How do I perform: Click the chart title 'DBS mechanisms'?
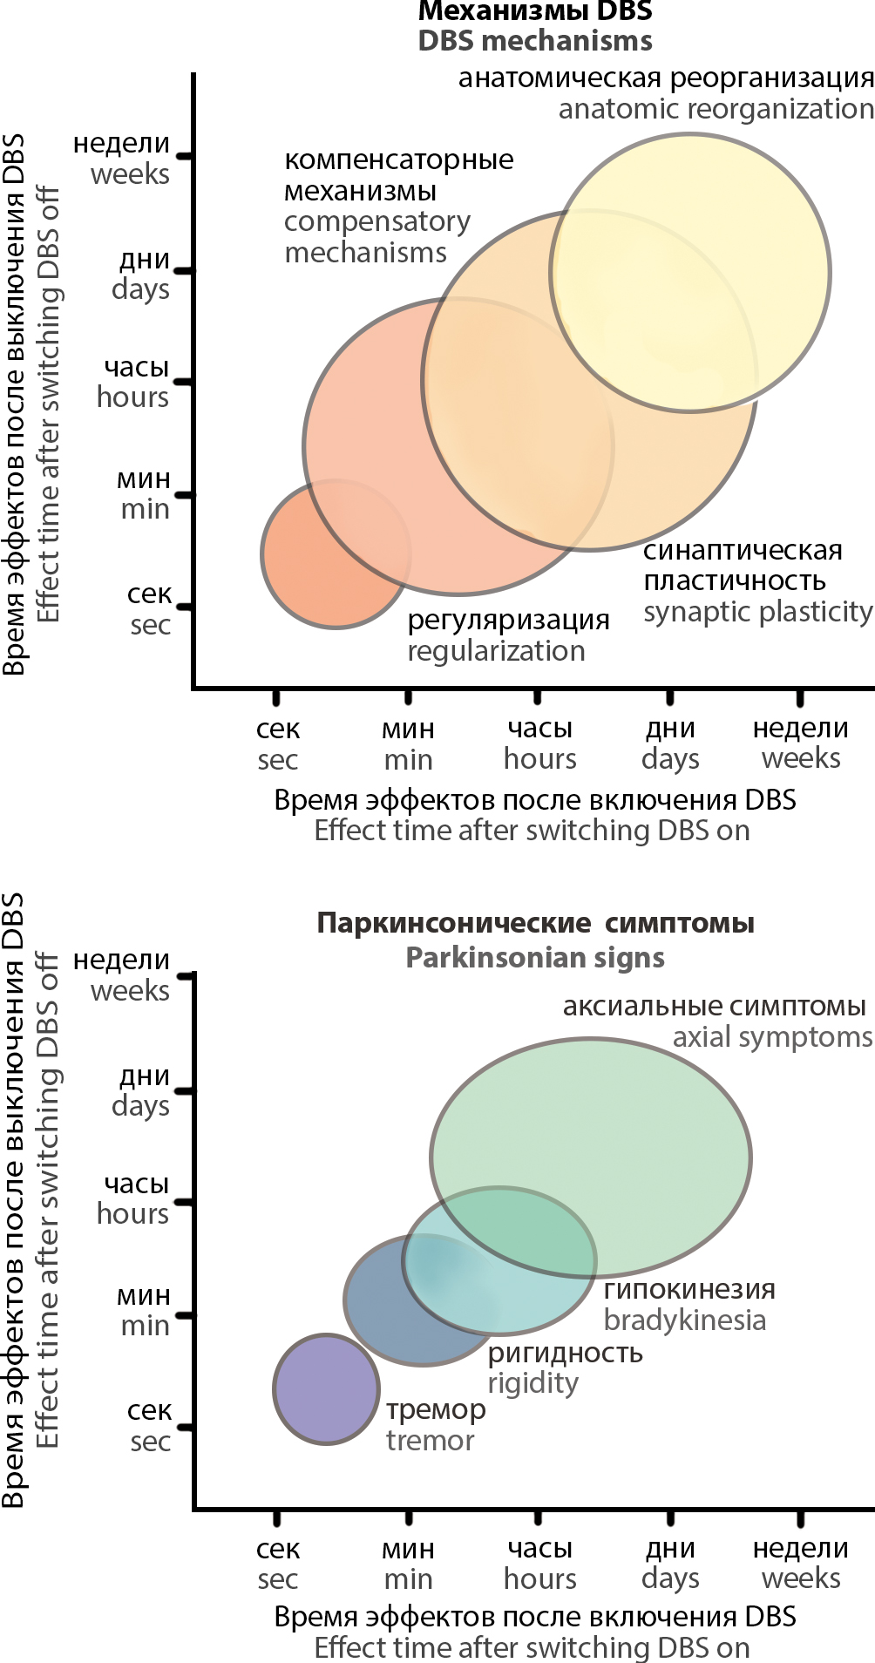click(535, 41)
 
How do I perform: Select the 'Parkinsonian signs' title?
click(535, 958)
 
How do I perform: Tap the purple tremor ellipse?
click(326, 1388)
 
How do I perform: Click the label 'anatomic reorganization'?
click(716, 109)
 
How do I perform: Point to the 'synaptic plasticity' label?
click(757, 612)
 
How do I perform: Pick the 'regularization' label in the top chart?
click(496, 651)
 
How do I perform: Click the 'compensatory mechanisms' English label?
click(376, 237)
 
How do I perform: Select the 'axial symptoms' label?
click(772, 1037)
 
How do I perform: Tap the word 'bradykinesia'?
click(684, 1320)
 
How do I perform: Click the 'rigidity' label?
click(532, 1383)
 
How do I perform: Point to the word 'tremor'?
click(431, 1441)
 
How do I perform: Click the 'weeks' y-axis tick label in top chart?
click(130, 174)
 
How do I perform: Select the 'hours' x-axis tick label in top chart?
click(540, 759)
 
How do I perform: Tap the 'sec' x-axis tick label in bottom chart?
click(278, 1578)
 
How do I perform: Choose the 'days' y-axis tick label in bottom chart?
click(140, 1106)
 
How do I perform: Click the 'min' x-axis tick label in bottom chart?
click(408, 1578)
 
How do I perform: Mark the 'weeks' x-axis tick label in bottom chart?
click(801, 1578)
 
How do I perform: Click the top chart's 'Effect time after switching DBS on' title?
click(532, 831)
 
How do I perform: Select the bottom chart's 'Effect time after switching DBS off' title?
click(47, 1203)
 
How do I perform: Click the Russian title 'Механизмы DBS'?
click(535, 11)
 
